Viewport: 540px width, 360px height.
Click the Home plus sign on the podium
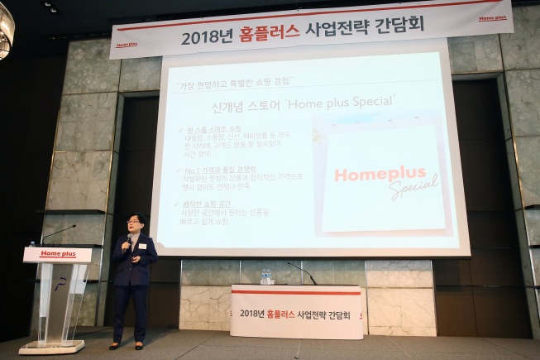(x=57, y=254)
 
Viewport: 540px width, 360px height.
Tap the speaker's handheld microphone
(x=127, y=243)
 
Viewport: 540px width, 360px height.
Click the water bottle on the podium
(x=32, y=244)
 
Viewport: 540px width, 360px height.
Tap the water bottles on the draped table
(x=266, y=276)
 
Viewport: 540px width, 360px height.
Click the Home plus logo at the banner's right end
(x=493, y=17)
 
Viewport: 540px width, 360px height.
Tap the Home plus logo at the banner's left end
(x=126, y=46)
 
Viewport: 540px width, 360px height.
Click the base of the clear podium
(x=51, y=346)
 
